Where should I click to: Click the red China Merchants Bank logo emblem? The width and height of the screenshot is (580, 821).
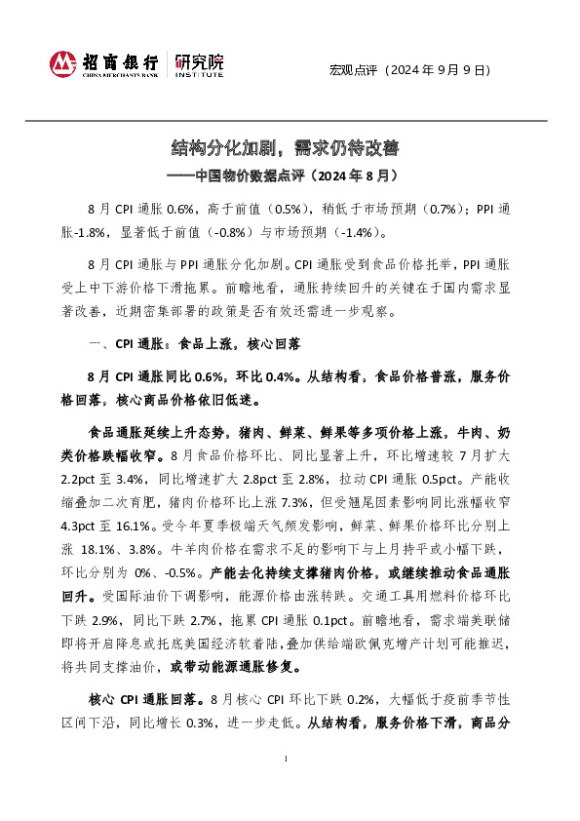(x=63, y=64)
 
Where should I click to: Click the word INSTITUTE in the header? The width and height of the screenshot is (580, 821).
(x=199, y=73)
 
